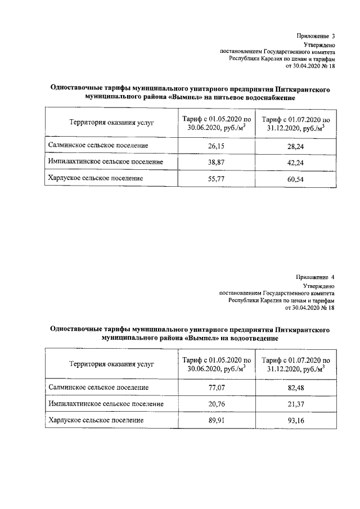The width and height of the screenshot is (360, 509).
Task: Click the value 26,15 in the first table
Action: [x=212, y=146]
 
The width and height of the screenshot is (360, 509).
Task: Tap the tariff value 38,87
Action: [x=212, y=162]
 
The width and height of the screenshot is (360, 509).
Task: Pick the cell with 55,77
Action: [x=212, y=178]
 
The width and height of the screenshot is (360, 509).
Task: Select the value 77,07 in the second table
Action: [x=212, y=388]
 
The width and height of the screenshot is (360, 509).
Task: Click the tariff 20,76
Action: [x=212, y=404]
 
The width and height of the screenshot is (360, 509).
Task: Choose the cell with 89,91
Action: [x=212, y=420]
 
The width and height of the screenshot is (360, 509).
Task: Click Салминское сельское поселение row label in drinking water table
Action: [x=98, y=146]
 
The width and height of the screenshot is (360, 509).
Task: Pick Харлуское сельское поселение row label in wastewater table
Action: [x=96, y=420]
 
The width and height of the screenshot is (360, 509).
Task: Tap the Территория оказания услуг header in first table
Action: [x=111, y=123]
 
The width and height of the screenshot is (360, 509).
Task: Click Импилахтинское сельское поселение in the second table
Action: [x=106, y=404]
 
